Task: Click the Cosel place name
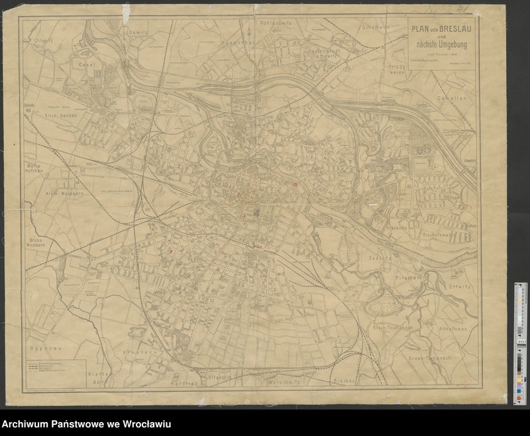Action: (x=87, y=65)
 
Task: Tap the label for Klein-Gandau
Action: (x=61, y=115)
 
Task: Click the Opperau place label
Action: (x=40, y=347)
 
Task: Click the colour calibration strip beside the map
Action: (x=521, y=342)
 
